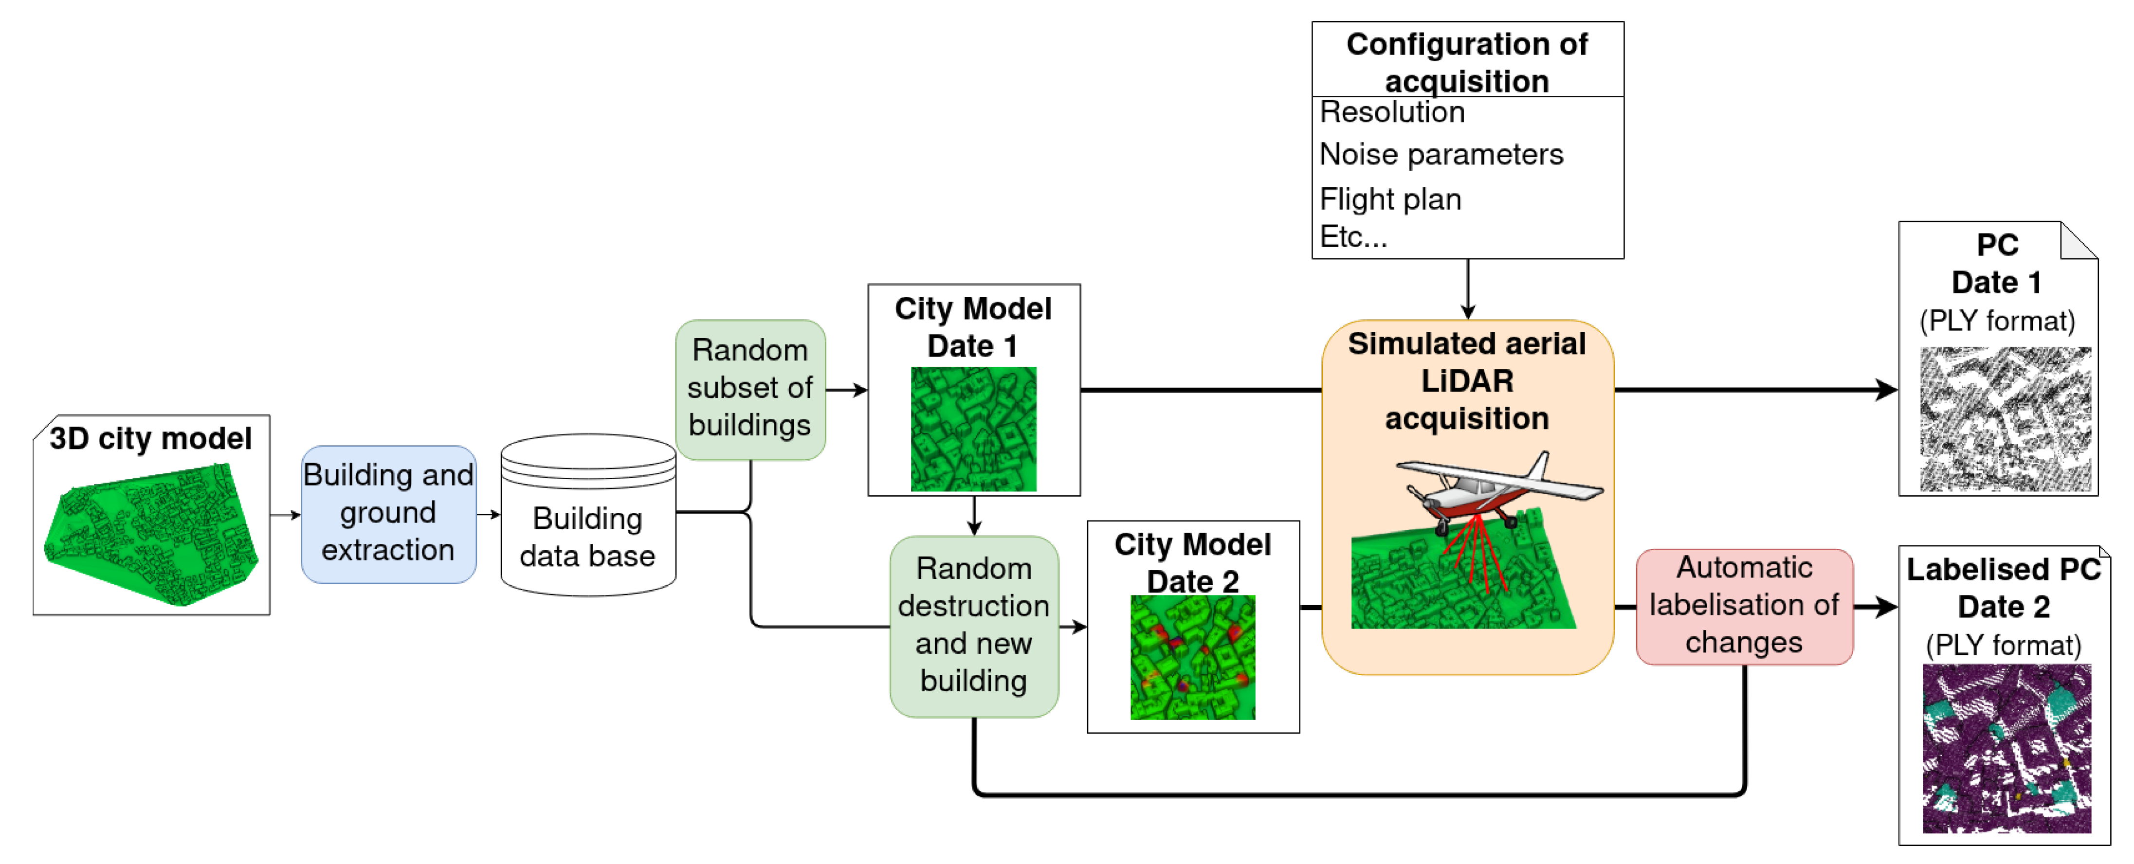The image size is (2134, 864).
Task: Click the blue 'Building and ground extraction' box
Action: point(388,514)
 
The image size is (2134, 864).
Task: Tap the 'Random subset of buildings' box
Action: point(750,389)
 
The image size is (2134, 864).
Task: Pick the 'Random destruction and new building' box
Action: point(973,626)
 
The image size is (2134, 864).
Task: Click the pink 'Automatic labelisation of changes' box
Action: point(1744,606)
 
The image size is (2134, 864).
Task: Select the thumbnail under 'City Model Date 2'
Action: point(1192,657)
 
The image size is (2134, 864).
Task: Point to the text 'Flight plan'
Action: point(1390,199)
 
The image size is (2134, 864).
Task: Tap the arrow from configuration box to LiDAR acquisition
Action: point(1467,290)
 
